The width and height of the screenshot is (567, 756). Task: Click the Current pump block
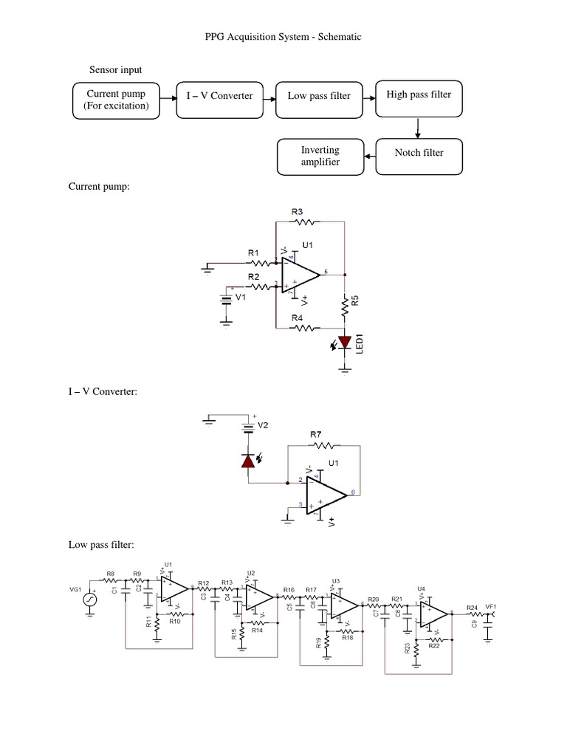pyautogui.click(x=117, y=100)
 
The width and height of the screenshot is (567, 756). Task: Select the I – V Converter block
pyautogui.click(x=219, y=100)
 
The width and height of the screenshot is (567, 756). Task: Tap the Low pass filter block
pyautogui.click(x=319, y=100)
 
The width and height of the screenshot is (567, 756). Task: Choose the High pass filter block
pyautogui.click(x=419, y=100)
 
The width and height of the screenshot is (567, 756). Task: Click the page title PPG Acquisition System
pyautogui.click(x=283, y=36)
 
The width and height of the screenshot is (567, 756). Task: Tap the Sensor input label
pyautogui.click(x=116, y=70)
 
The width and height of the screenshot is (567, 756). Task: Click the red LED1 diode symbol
pyautogui.click(x=343, y=343)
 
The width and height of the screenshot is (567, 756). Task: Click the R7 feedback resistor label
pyautogui.click(x=315, y=436)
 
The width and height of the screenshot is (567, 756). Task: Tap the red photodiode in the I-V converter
pyautogui.click(x=249, y=461)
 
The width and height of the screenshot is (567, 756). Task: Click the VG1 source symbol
pyautogui.click(x=91, y=599)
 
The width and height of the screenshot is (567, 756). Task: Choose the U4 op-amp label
pyautogui.click(x=421, y=588)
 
